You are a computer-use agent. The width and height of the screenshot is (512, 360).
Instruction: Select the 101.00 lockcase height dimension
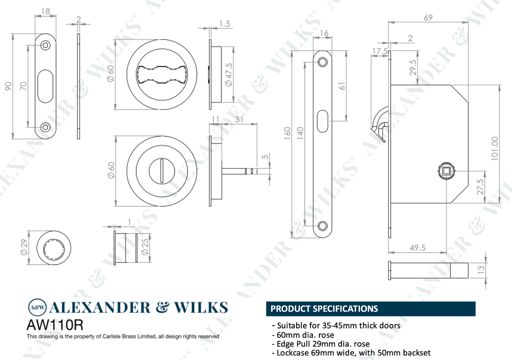pos(494,148)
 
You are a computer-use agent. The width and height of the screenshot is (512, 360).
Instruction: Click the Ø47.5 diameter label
pos(229,75)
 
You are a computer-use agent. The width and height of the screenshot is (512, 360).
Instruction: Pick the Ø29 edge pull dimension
pos(23,247)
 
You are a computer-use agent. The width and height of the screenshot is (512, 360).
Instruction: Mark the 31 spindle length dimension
pos(239,119)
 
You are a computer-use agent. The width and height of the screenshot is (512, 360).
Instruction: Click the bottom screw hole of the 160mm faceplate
pos(323,225)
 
